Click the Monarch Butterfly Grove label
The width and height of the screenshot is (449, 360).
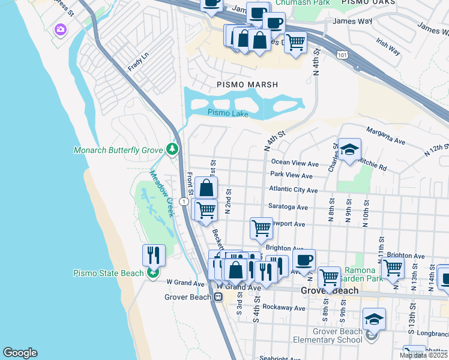point(119,150)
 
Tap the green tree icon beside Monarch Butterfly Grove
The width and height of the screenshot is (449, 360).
point(173,148)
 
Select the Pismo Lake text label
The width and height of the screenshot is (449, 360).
point(228,113)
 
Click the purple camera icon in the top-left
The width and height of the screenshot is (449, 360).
point(60,29)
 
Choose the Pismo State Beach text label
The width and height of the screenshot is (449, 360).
point(108,273)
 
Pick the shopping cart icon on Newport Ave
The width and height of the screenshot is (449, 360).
point(261,228)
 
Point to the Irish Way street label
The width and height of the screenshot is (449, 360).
point(388,47)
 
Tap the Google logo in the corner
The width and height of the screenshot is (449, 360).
point(20,353)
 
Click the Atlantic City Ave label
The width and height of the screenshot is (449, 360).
point(294,190)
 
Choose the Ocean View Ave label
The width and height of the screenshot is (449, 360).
point(295,163)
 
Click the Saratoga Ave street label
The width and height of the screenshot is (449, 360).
point(289,207)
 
